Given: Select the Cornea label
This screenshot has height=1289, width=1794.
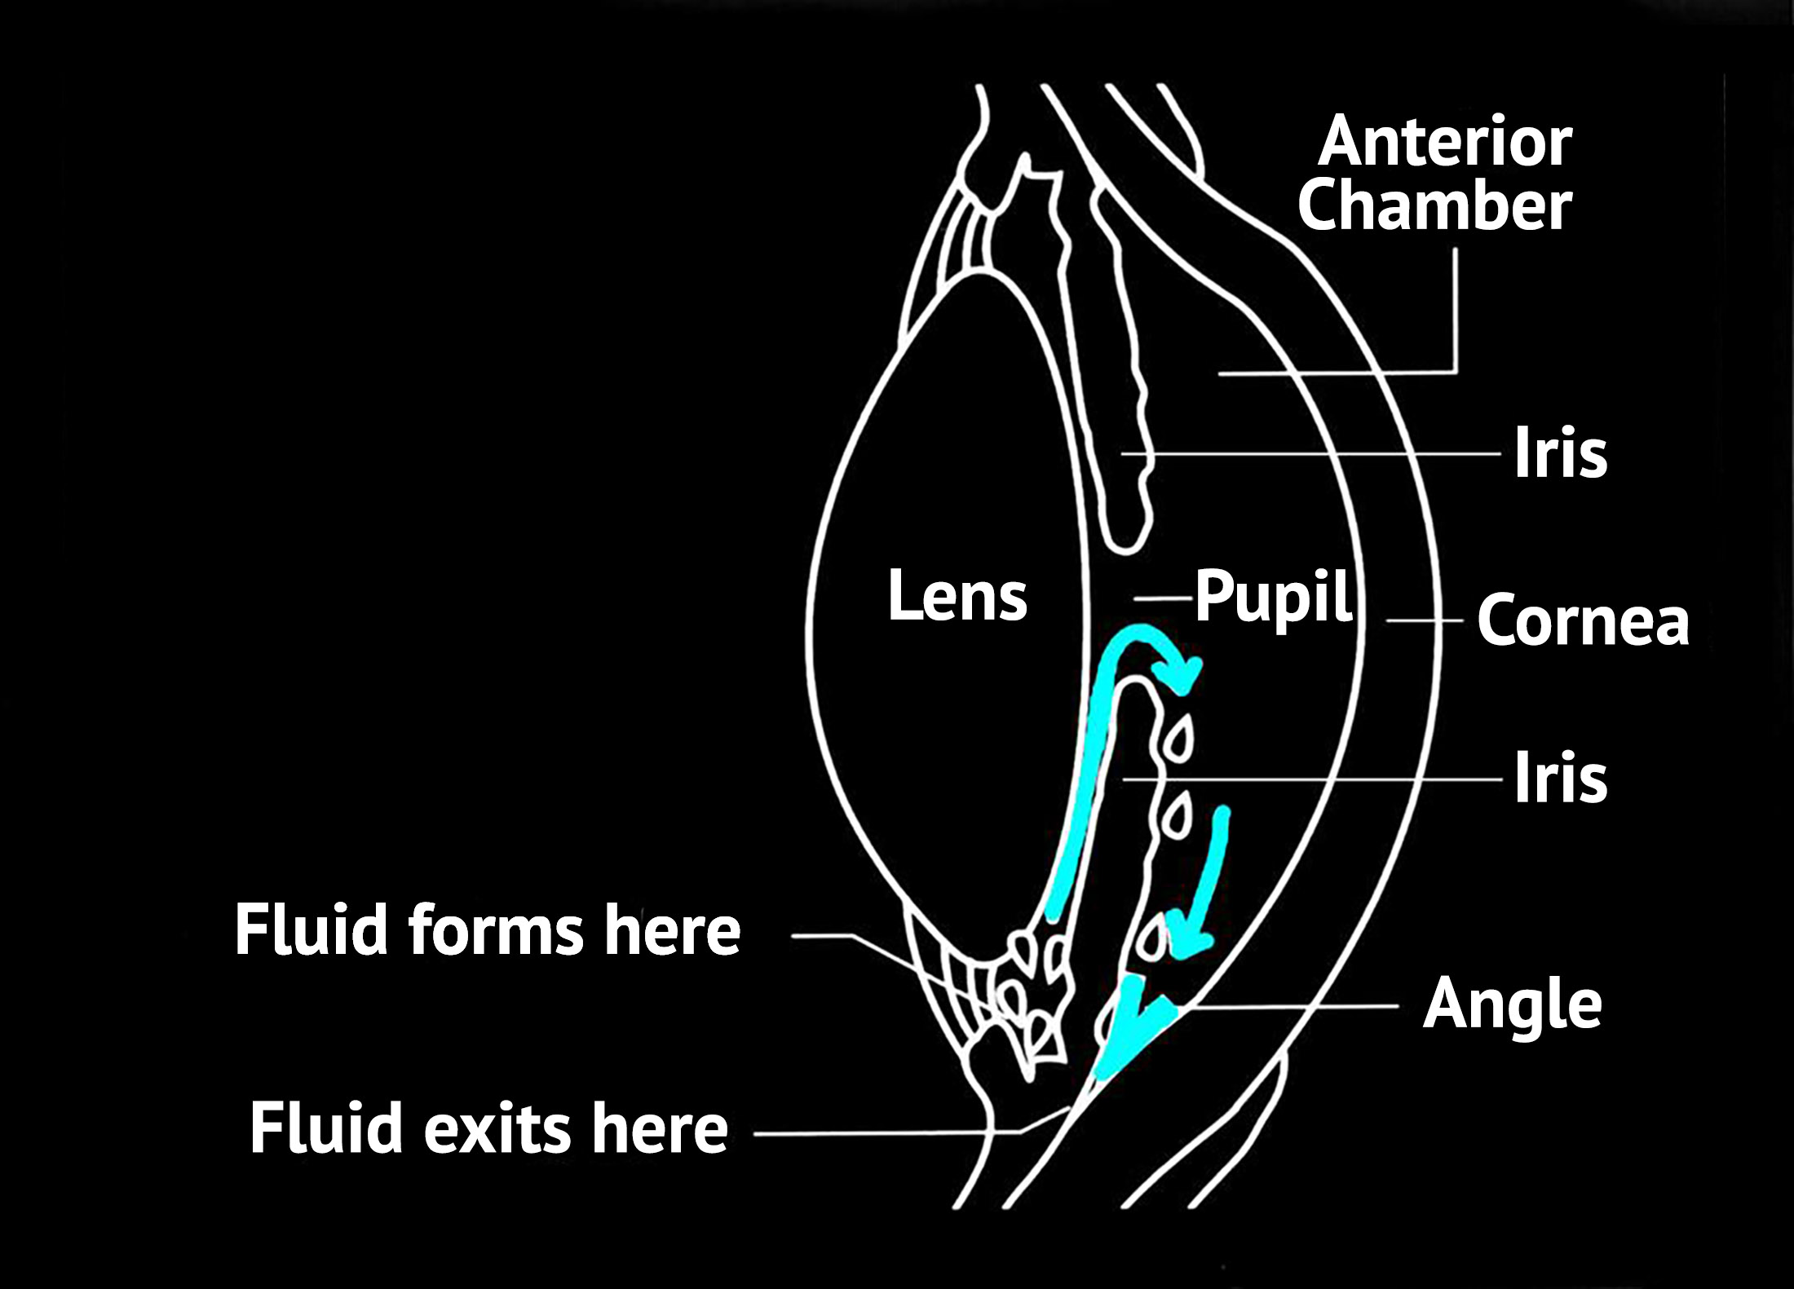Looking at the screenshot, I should tap(1583, 621).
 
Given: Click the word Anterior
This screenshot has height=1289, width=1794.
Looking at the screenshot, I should tap(1444, 143).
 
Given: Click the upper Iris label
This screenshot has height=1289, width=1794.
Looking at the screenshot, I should tap(1560, 453).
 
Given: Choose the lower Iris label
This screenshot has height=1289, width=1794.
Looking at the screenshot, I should tap(1560, 779).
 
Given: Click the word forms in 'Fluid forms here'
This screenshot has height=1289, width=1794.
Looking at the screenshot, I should tap(496, 930).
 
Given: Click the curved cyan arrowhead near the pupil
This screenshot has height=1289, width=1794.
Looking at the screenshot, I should tap(1182, 673).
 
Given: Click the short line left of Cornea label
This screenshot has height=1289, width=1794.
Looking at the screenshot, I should tap(1424, 621).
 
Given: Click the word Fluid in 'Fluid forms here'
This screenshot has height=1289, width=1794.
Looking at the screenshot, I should tap(311, 930).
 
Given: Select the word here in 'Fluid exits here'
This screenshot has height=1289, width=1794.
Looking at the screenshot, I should tap(660, 1128).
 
